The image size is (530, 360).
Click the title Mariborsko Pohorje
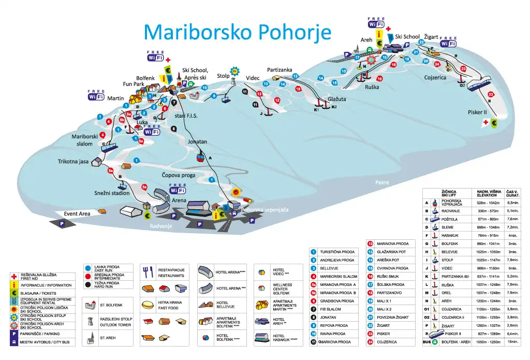(237, 32)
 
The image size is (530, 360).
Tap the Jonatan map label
(197, 141)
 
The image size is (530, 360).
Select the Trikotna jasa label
(73, 162)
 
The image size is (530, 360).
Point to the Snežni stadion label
(112, 193)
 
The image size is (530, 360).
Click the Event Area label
(77, 213)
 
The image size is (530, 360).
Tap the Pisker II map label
(477, 112)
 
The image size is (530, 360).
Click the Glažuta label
(336, 99)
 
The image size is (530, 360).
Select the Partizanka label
(279, 70)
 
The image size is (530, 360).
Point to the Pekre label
(382, 182)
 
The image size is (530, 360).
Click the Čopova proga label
(178, 175)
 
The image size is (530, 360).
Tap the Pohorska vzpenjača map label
(264, 210)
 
